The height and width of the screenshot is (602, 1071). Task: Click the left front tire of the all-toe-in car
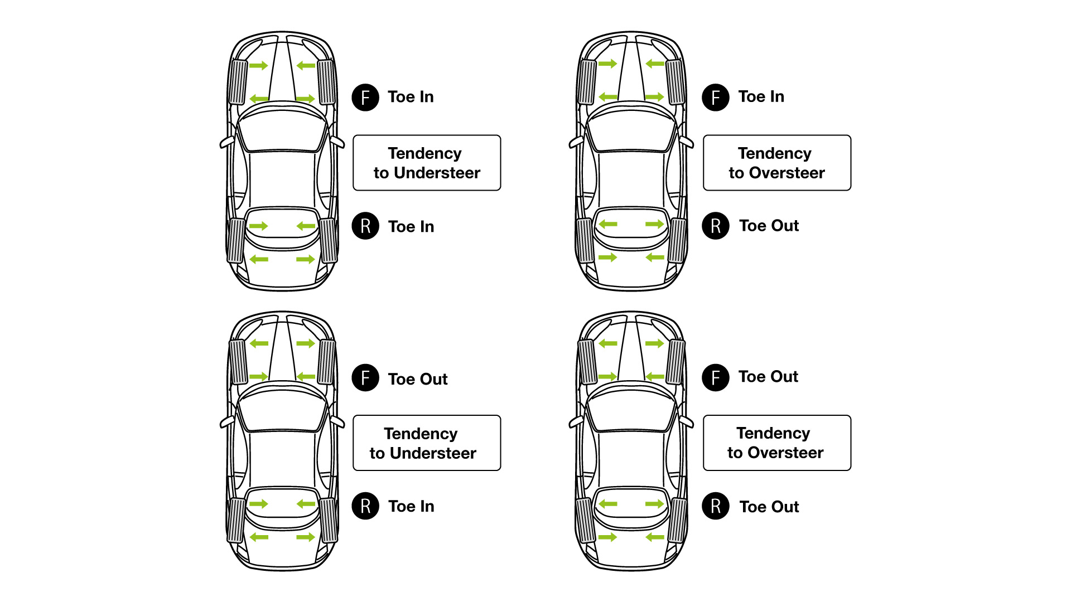(238, 82)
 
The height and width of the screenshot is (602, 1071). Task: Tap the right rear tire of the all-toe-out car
(678, 520)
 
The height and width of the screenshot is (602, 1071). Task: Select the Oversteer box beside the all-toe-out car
(776, 443)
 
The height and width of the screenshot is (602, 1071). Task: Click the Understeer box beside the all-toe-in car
(427, 163)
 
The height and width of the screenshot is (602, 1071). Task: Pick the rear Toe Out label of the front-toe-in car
(769, 226)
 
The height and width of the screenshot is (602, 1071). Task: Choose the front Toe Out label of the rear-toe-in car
(418, 379)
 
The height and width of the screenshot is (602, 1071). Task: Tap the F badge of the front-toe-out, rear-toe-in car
(365, 377)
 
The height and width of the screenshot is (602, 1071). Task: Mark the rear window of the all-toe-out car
(631, 503)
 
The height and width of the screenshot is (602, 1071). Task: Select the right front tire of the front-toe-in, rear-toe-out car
(676, 82)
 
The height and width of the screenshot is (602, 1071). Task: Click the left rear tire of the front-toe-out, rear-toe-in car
(236, 520)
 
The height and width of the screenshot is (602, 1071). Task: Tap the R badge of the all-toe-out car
(716, 506)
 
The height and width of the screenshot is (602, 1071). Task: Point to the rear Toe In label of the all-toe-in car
(411, 227)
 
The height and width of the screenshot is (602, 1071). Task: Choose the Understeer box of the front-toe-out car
(427, 443)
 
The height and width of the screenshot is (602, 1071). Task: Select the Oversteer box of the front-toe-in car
(776, 163)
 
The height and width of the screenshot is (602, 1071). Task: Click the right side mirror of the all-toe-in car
(337, 142)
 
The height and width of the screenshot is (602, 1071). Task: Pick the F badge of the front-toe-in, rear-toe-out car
(716, 98)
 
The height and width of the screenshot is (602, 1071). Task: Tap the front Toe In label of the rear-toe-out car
(761, 97)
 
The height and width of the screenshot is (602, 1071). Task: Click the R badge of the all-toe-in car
(365, 226)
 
